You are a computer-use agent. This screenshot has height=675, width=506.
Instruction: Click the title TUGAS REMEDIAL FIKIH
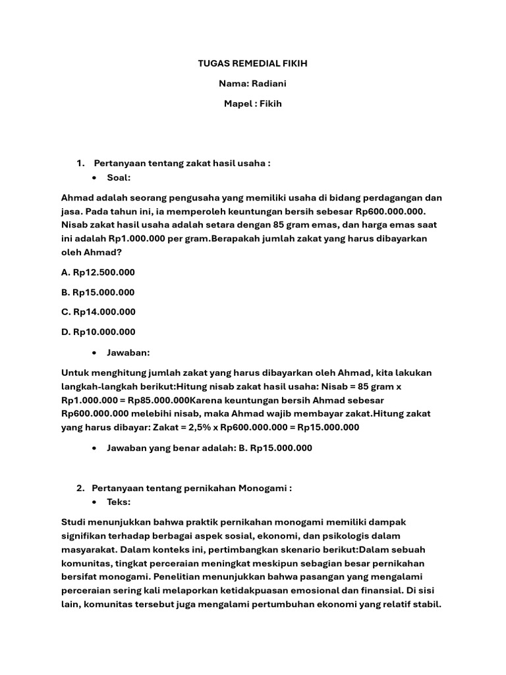pyautogui.click(x=253, y=64)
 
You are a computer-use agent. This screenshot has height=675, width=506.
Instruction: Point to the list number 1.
pyautogui.click(x=80, y=163)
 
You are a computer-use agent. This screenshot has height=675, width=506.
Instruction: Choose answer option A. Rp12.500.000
pyautogui.click(x=98, y=272)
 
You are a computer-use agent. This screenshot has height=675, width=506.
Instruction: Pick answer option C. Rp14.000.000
pyautogui.click(x=98, y=312)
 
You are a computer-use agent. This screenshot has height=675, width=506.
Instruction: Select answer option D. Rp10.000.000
pyautogui.click(x=98, y=332)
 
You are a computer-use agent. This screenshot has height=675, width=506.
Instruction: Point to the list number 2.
pyautogui.click(x=80, y=488)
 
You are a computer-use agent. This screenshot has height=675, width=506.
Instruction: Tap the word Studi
pyautogui.click(x=74, y=521)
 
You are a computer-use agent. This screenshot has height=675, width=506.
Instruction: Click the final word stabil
pyautogui.click(x=425, y=604)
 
